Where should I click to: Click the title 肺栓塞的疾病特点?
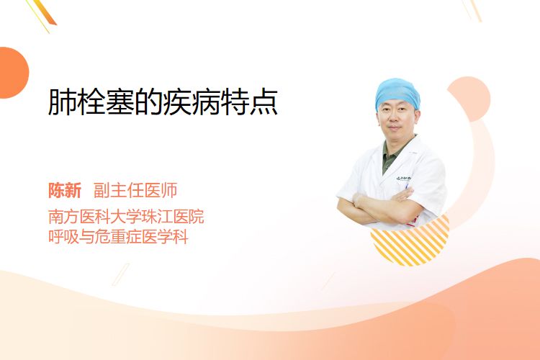click(x=163, y=102)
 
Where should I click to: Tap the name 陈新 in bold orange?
click(x=65, y=191)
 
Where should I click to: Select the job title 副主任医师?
click(x=135, y=191)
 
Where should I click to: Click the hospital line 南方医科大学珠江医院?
click(x=126, y=216)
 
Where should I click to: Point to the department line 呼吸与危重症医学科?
click(x=118, y=237)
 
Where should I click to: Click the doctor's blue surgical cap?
click(x=397, y=92)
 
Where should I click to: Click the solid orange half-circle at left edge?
click(x=13, y=73)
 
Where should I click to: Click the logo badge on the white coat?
click(x=403, y=179)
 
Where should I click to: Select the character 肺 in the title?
click(x=62, y=102)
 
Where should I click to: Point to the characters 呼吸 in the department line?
click(x=63, y=237)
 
